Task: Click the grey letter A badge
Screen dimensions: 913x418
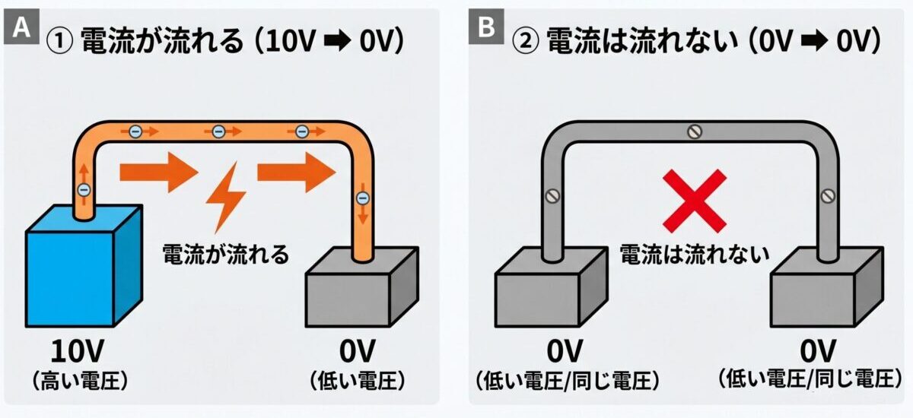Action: [x=21, y=27]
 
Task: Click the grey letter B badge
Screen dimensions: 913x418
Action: [x=486, y=27]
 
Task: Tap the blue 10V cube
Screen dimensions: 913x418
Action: [x=84, y=266]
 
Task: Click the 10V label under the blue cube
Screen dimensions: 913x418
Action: [x=78, y=351]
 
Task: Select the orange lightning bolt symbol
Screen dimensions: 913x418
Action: [x=225, y=198]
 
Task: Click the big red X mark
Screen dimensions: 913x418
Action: [x=695, y=201]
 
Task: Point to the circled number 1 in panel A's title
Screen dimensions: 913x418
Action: [x=59, y=41]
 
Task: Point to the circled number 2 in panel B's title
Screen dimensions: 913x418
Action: [x=525, y=41]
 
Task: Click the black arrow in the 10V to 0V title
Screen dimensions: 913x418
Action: [x=338, y=41]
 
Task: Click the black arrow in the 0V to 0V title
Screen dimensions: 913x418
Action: [x=814, y=41]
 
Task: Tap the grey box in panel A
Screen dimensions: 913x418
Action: [x=362, y=287]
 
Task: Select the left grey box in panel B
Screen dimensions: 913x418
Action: [x=552, y=287]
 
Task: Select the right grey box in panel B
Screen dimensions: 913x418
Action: [x=827, y=287]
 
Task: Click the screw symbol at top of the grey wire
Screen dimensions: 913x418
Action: [x=695, y=131]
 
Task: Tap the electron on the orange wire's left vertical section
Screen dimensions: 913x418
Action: [x=84, y=190]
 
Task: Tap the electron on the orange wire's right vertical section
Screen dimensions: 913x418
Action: [x=362, y=198]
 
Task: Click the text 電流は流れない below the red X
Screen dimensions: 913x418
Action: [x=694, y=255]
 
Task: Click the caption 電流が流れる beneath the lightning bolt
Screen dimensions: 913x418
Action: [x=225, y=255]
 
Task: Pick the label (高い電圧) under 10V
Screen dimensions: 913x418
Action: [x=80, y=382]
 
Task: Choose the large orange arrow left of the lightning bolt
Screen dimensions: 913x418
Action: [x=159, y=173]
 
